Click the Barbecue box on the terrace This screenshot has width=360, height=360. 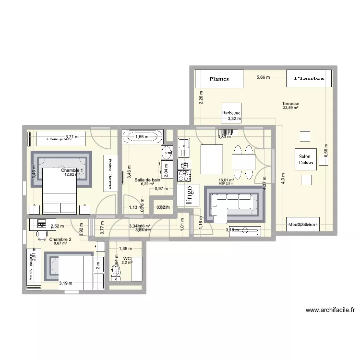click(231, 114)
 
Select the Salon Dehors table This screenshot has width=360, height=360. click(305, 159)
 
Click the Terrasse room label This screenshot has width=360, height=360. click(291, 104)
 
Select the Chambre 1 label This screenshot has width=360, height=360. click(72, 170)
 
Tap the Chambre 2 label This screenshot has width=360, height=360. click(60, 239)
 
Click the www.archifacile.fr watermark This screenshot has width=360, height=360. click(330, 310)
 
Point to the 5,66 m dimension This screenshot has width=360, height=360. click(263, 77)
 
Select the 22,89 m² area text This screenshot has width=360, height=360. click(291, 108)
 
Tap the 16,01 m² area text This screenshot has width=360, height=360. click(226, 180)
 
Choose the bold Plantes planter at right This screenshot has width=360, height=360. click(309, 78)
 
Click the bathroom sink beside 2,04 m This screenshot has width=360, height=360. click(167, 153)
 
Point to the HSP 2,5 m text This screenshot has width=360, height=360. click(226, 183)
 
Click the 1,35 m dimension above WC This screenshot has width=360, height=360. click(125, 249)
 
